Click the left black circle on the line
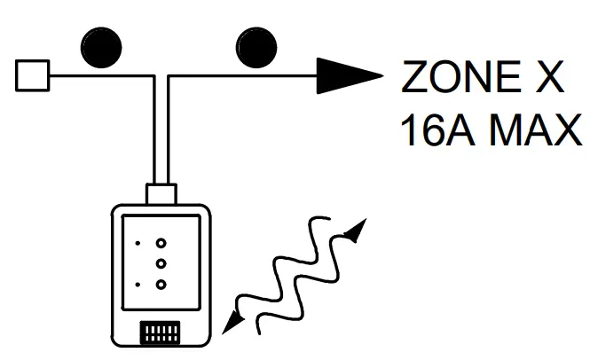click(100, 47)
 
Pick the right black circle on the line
click(255, 47)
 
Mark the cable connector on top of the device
click(162, 192)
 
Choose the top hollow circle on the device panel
click(161, 242)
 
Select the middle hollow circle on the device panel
click(161, 263)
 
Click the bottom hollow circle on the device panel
click(161, 284)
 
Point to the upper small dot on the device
click(138, 242)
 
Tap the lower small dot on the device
click(138, 284)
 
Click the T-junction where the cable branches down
click(162, 78)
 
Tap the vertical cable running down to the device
click(162, 133)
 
